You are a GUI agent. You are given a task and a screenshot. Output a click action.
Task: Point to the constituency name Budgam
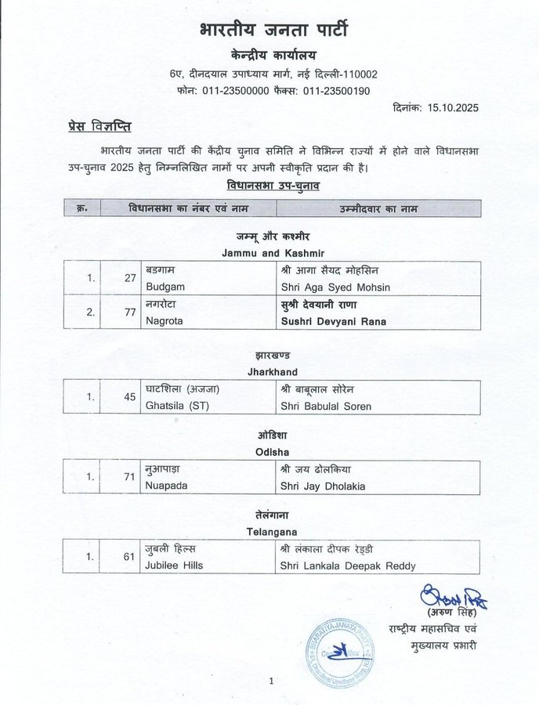click(x=165, y=286)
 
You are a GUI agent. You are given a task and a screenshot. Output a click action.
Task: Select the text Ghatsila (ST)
click(x=178, y=406)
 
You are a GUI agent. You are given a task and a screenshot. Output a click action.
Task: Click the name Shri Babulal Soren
click(x=327, y=406)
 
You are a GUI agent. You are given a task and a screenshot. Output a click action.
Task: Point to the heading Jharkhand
click(x=269, y=372)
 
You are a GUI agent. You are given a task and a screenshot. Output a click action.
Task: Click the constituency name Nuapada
click(x=168, y=486)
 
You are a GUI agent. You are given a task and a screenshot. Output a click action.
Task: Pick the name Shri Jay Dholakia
click(x=322, y=486)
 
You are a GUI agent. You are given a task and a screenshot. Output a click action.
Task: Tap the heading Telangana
click(x=269, y=533)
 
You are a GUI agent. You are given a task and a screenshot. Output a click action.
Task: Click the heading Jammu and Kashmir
click(x=269, y=252)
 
